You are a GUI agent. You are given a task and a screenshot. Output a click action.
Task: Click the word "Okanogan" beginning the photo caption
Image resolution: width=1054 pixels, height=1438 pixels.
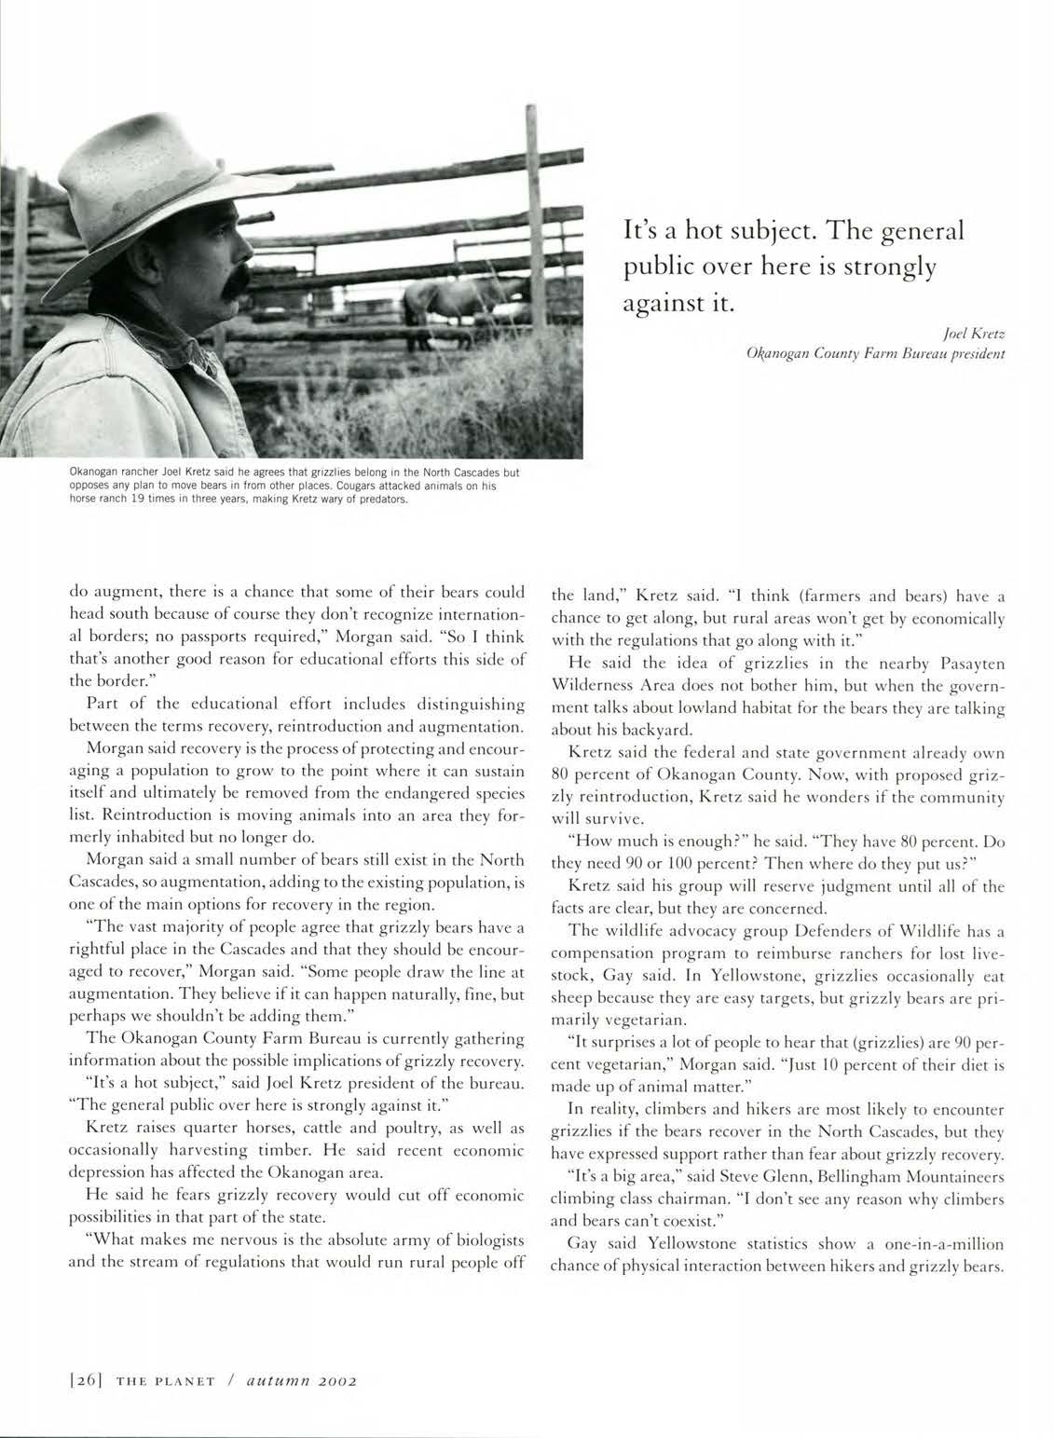pos(98,473)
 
